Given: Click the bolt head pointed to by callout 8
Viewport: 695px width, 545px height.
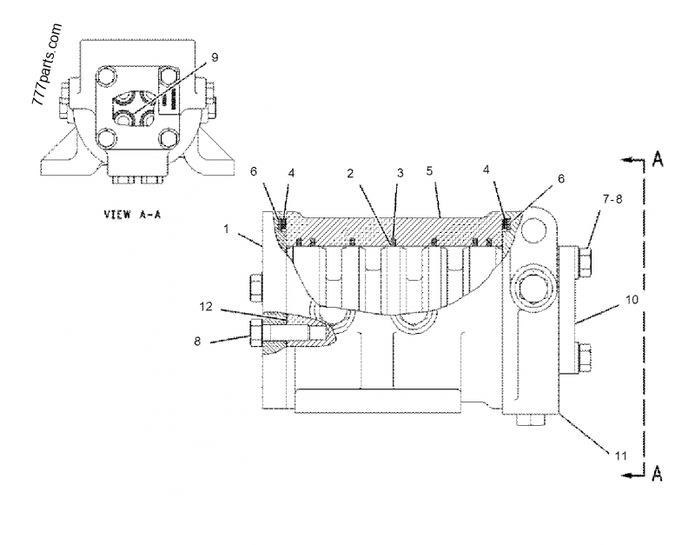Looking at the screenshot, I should pos(259,332).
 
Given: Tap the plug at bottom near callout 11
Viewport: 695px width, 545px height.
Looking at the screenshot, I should pos(530,422).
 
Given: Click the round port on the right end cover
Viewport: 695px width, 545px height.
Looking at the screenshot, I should pos(529,287).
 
